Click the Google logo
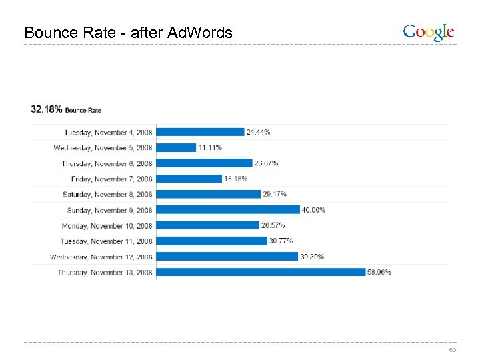pos(429,32)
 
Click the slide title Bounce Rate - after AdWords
pos(128,32)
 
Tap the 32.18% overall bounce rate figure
pos(47,109)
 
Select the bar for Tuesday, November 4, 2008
pos(200,132)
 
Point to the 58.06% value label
pos(379,272)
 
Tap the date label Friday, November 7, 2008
pos(112,179)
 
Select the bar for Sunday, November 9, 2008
pos(228,210)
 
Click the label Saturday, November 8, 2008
pos(108,195)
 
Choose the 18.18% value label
pos(236,179)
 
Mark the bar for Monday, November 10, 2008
pos(207,225)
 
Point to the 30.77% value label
pos(281,241)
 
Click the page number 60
pos(452,350)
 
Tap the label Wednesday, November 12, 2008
pos(101,257)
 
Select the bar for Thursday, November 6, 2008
pos(204,163)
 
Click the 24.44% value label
pos(259,132)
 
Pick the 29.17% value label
pos(275,194)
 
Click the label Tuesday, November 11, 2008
pos(107,241)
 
